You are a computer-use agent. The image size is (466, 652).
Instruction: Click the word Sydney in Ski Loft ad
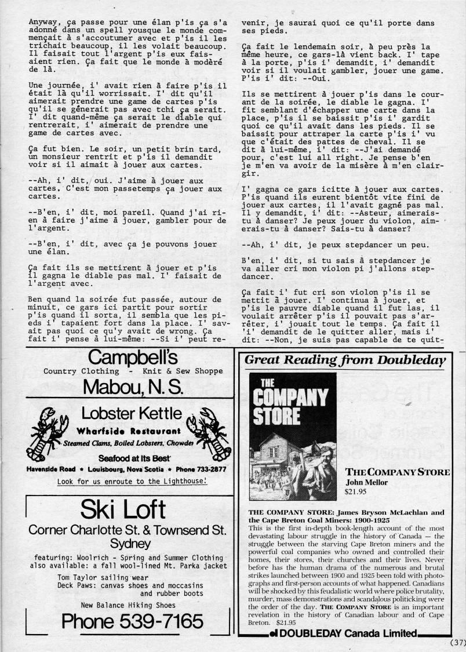pos(128,543)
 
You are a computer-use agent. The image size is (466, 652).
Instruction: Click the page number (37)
pos(457,642)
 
